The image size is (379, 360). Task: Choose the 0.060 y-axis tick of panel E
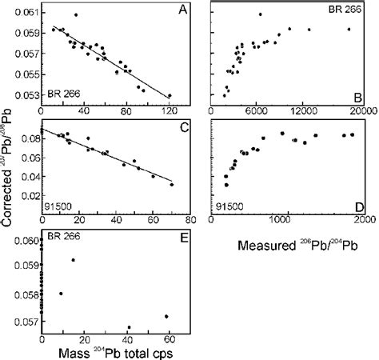[26, 241]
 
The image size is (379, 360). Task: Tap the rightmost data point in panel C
[172, 184]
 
